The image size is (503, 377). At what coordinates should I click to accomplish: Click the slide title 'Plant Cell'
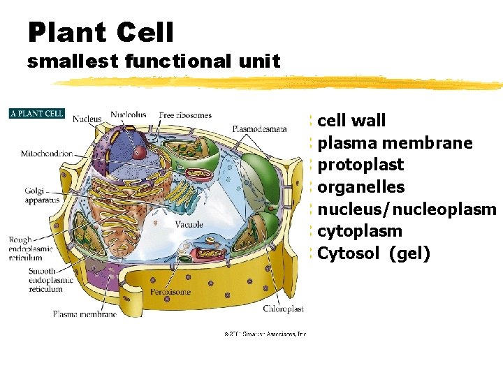101,31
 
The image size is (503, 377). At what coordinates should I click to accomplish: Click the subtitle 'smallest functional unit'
154,61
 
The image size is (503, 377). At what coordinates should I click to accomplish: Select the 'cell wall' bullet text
351,121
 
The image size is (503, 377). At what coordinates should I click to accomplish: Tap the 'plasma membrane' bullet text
395,143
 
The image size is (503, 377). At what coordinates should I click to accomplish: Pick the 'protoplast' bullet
360,165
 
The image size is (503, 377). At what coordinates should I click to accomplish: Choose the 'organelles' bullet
360,187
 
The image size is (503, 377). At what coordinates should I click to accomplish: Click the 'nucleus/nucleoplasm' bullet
406,209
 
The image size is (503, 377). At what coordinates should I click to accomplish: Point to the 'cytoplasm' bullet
359,230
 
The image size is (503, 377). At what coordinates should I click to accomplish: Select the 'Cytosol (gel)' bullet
373,253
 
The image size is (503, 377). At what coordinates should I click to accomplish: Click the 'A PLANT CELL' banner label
36,113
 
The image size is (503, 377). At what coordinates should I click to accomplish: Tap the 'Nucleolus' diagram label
129,115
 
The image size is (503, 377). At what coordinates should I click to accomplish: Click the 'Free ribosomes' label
185,115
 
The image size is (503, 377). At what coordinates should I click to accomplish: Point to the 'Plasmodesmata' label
259,128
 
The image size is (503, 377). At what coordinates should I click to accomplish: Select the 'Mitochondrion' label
47,154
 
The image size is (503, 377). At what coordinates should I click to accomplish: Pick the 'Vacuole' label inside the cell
189,224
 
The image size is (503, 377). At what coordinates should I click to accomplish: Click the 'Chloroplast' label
284,309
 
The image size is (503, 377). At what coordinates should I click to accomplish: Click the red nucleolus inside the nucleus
140,151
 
